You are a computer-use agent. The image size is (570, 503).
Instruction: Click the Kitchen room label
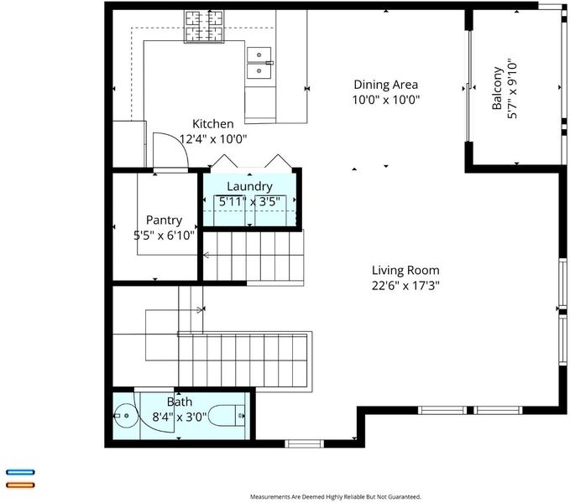pyautogui.click(x=212, y=124)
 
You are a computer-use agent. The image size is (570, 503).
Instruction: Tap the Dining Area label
pyautogui.click(x=385, y=85)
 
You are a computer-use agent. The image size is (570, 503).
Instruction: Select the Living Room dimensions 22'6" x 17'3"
pyautogui.click(x=405, y=286)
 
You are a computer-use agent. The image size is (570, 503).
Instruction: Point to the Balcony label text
pyautogui.click(x=497, y=88)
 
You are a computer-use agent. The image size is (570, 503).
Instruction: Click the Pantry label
pyautogui.click(x=164, y=220)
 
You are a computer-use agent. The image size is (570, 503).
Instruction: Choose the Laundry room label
pyautogui.click(x=249, y=187)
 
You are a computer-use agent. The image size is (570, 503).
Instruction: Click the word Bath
pyautogui.click(x=180, y=402)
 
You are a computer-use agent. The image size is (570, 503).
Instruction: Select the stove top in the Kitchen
pyautogui.click(x=204, y=27)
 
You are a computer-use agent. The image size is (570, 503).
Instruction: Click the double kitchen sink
pyautogui.click(x=259, y=63)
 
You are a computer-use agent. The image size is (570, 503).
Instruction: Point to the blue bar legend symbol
pyautogui.click(x=20, y=472)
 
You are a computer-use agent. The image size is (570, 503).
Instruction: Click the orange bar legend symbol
pyautogui.click(x=20, y=485)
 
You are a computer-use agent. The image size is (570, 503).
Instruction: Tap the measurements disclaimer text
pyautogui.click(x=335, y=497)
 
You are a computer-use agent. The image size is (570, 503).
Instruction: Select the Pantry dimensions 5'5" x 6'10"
pyautogui.click(x=164, y=236)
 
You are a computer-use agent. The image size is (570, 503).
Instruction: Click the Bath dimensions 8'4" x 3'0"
pyautogui.click(x=180, y=417)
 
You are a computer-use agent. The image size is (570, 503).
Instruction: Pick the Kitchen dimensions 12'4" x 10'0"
pyautogui.click(x=213, y=138)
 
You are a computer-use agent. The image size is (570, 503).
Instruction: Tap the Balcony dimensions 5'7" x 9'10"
pyautogui.click(x=512, y=89)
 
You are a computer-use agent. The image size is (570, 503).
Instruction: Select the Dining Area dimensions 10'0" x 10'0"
pyautogui.click(x=386, y=100)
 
